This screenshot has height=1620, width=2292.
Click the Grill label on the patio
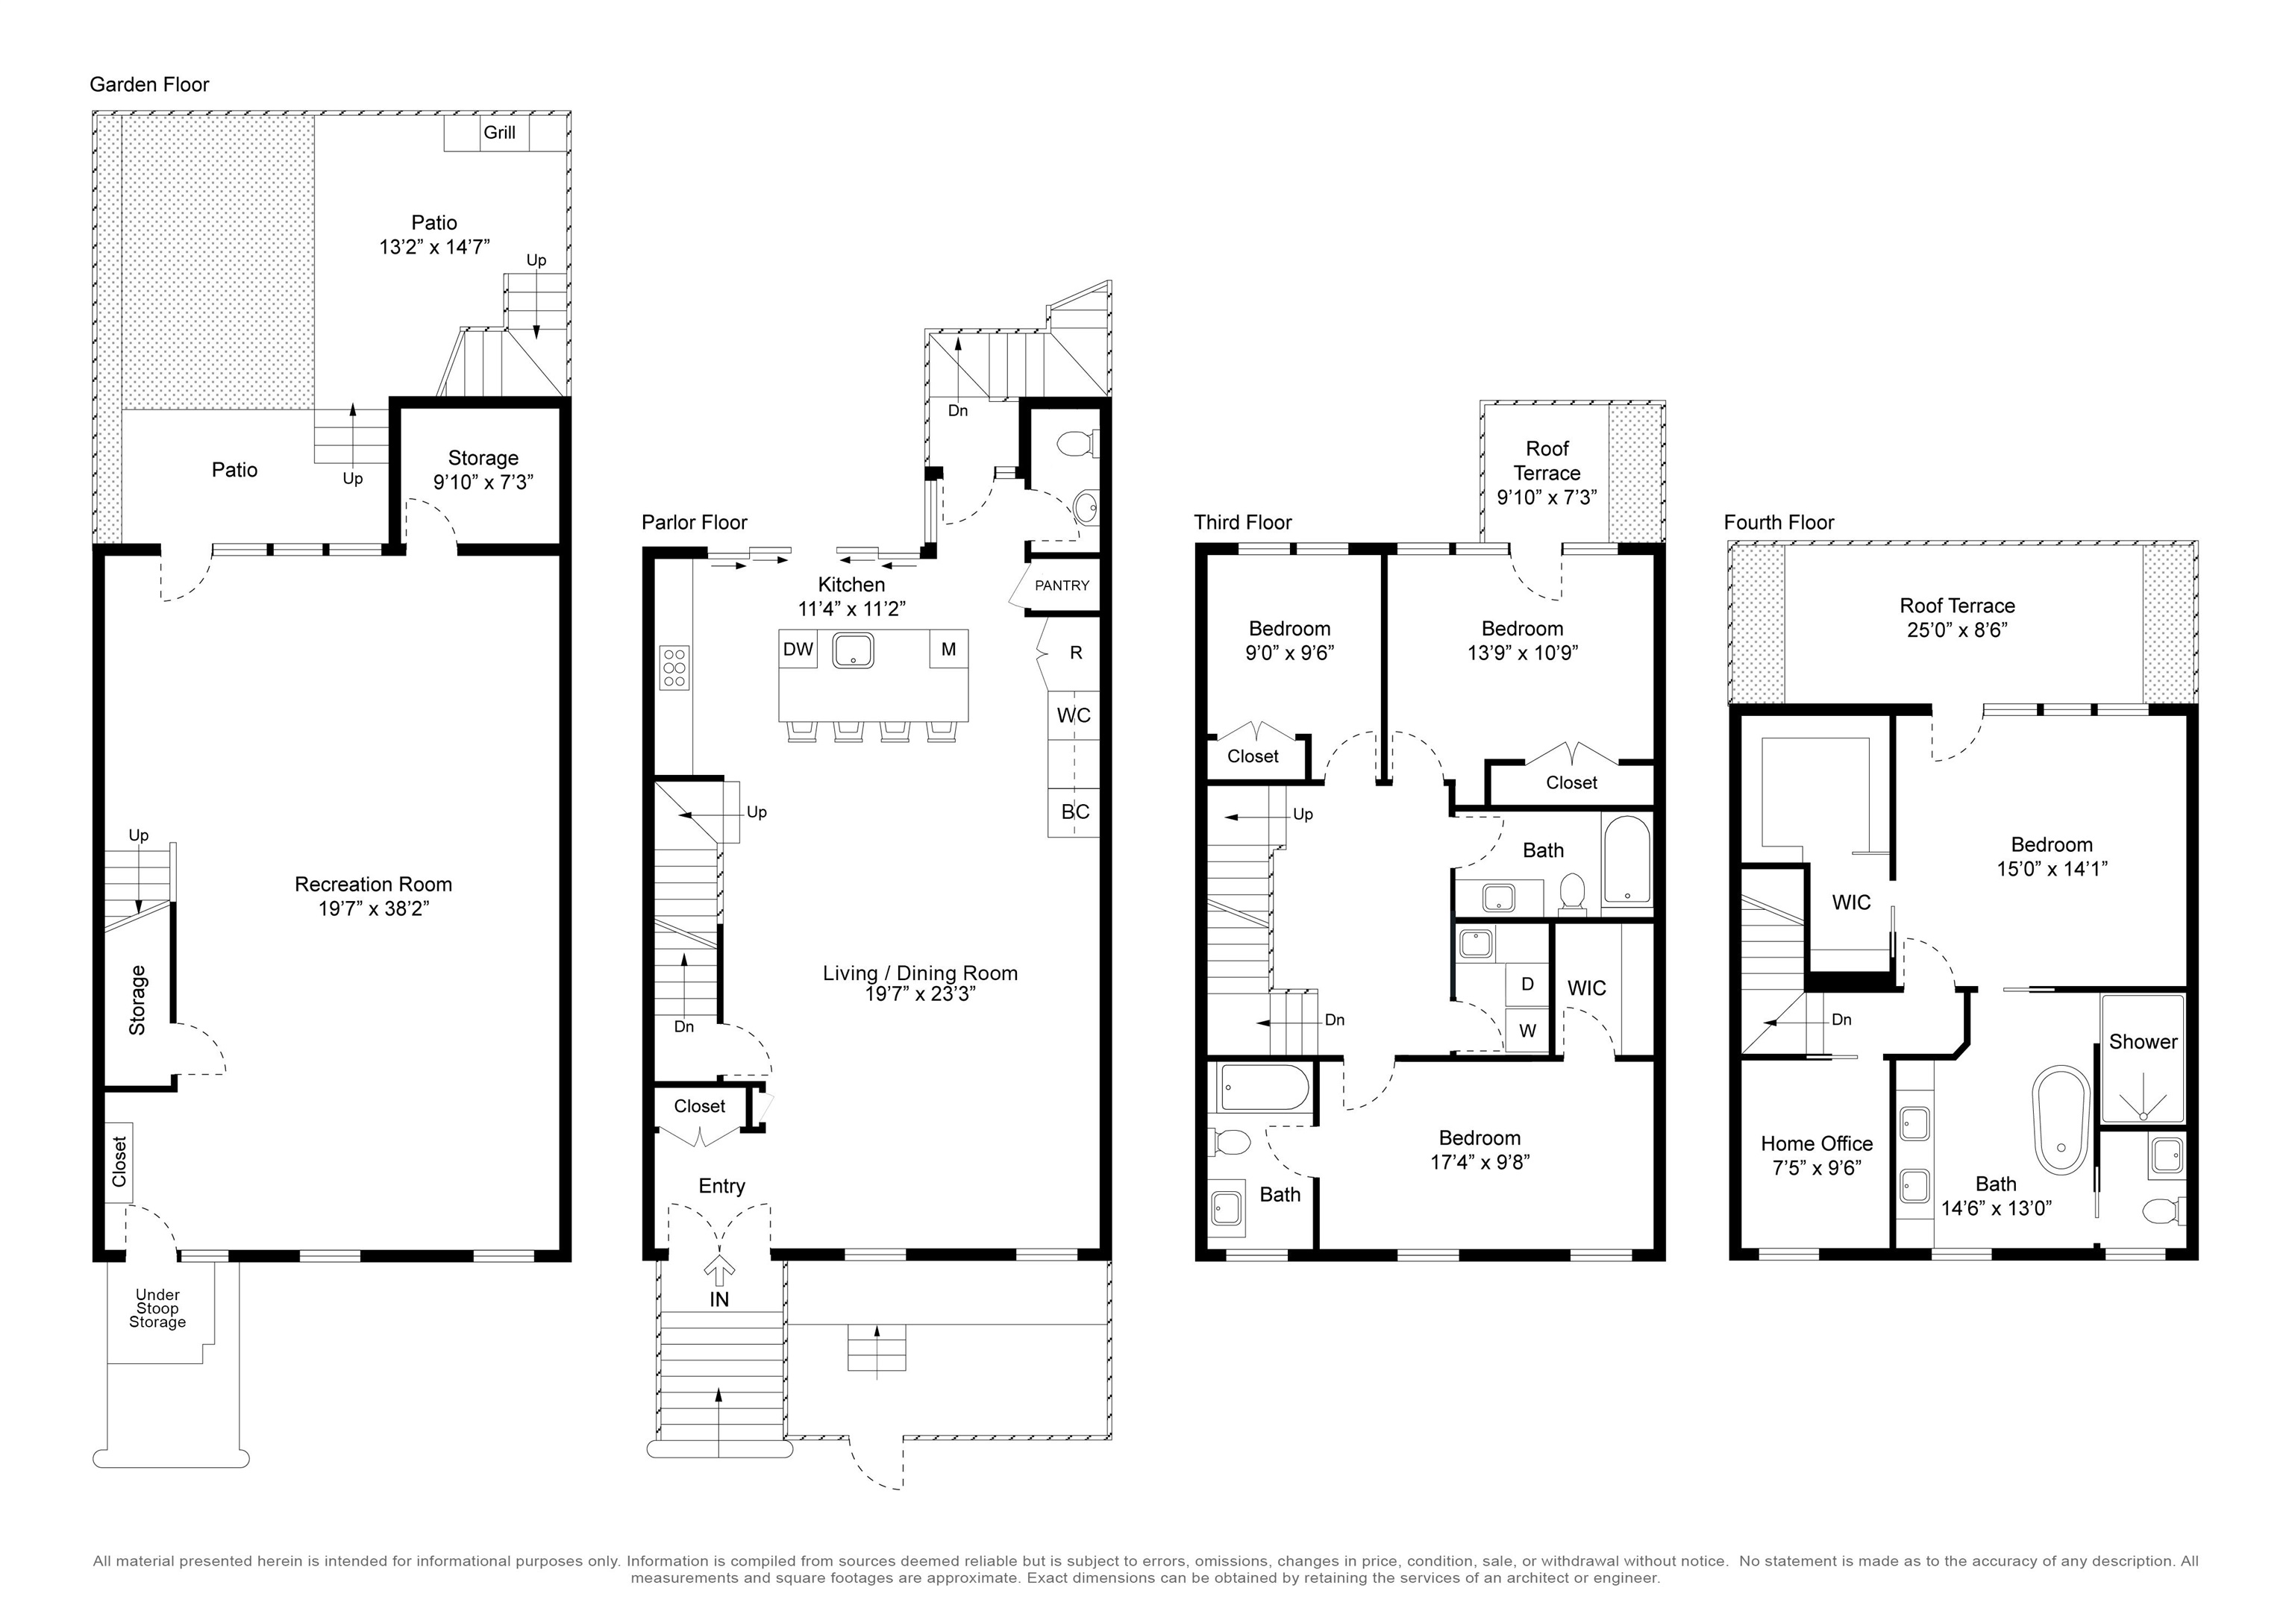coord(499,133)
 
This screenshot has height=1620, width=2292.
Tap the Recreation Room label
coord(373,885)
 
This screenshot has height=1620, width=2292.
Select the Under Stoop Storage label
coord(157,1308)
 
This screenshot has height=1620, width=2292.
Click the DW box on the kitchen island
coord(798,650)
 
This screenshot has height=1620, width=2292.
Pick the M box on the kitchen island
coord(948,650)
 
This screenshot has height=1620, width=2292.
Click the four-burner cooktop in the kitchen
coord(674,667)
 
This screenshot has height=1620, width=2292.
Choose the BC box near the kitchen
coord(1074,812)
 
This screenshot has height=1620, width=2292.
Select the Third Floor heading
coord(1243,523)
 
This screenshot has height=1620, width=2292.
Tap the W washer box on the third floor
coord(1527,1030)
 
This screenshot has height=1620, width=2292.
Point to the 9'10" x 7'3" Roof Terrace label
coord(1547,473)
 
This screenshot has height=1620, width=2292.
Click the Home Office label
coord(1817,1144)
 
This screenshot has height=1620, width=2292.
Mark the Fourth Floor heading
coord(1779,523)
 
